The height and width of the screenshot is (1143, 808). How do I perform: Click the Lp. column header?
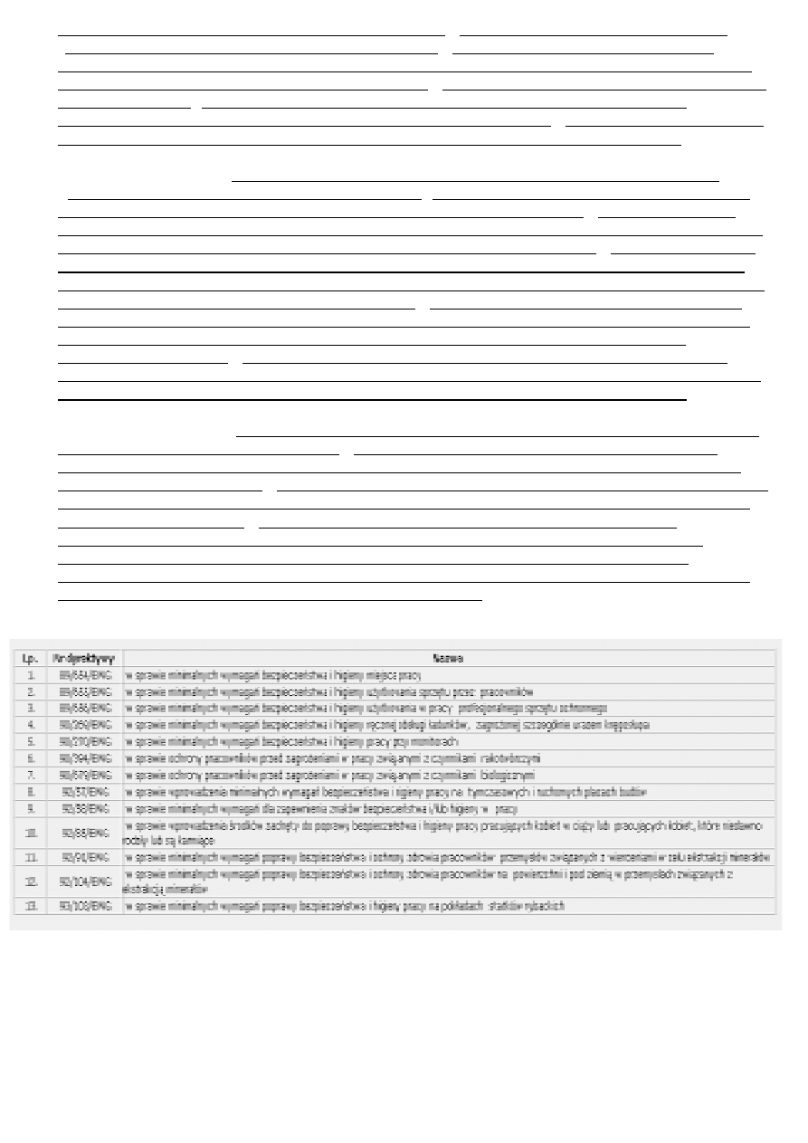(x=29, y=658)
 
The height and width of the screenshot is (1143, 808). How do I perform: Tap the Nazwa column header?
(x=448, y=658)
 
